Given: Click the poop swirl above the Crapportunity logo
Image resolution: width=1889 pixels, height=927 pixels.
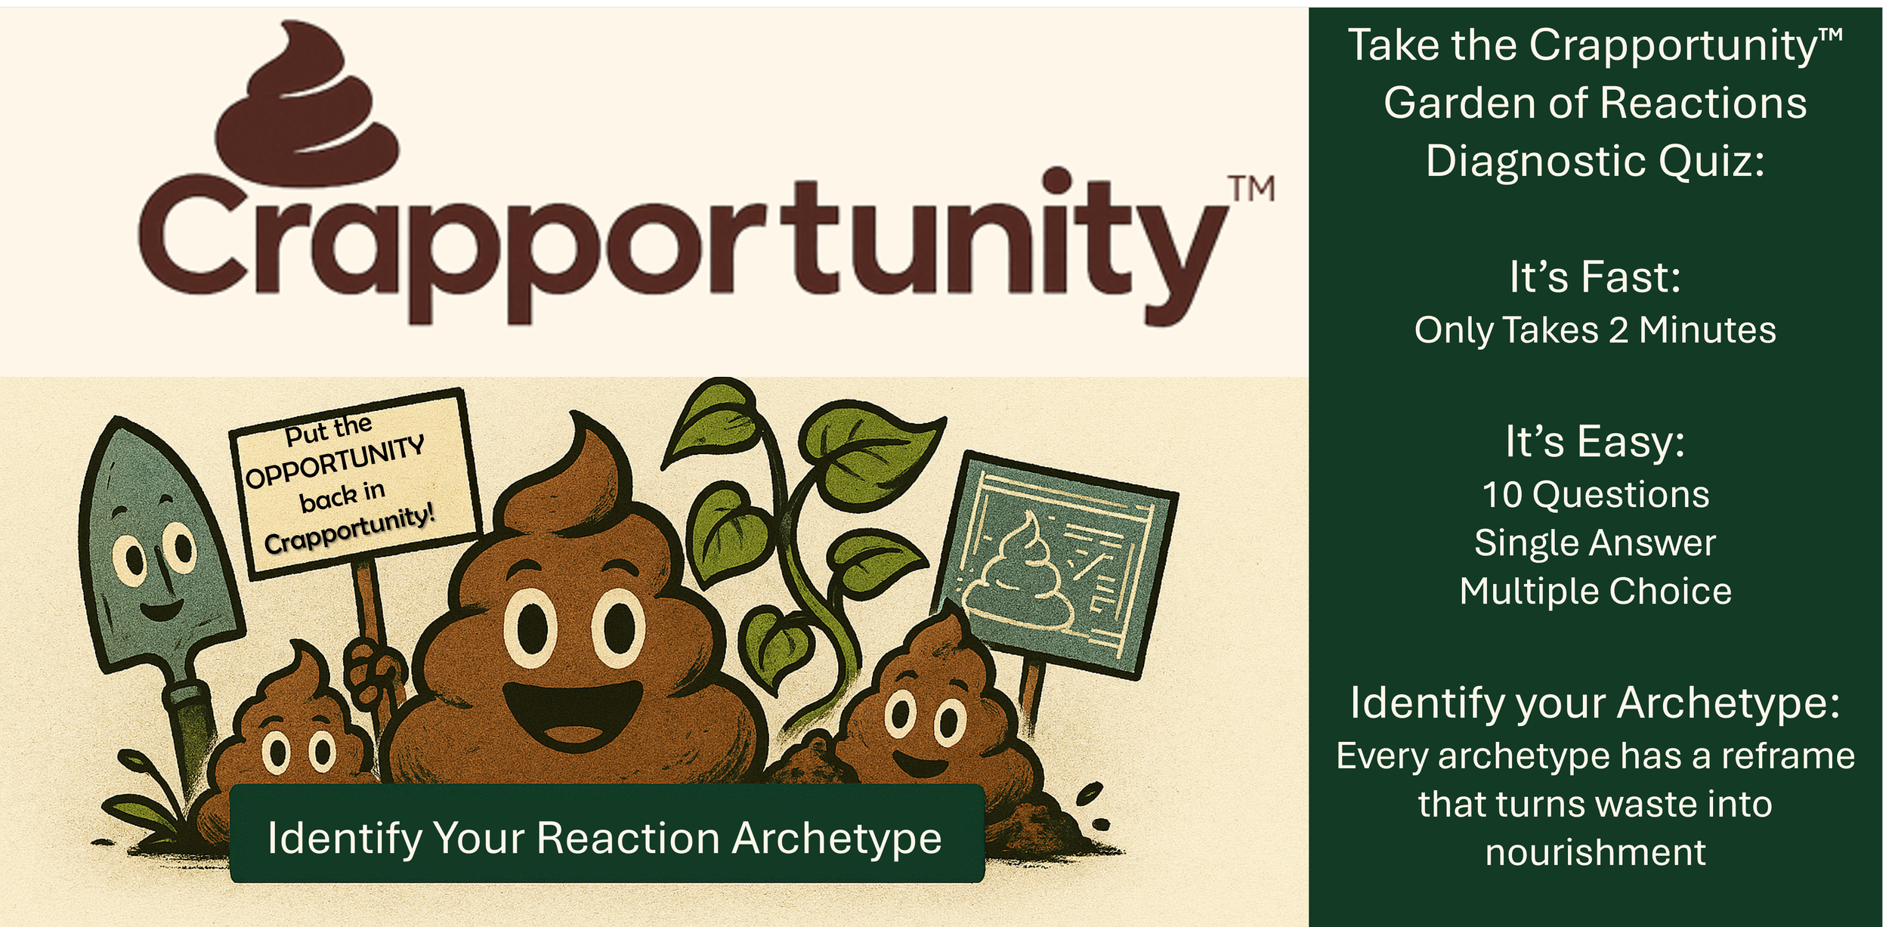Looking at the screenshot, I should pyautogui.click(x=310, y=106).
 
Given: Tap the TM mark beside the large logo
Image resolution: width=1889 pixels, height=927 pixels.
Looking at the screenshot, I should pyautogui.click(x=1251, y=189).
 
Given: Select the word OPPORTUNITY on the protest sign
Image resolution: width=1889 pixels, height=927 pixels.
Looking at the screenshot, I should pyautogui.click(x=335, y=463).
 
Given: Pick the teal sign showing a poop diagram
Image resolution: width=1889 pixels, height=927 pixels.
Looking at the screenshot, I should pyautogui.click(x=1054, y=563).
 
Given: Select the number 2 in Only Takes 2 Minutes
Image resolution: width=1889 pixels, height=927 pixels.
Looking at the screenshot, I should pyautogui.click(x=1618, y=330).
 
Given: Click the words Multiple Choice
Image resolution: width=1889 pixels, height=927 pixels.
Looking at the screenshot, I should pyautogui.click(x=1595, y=591).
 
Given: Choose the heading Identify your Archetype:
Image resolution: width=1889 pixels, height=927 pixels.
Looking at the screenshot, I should pyautogui.click(x=1595, y=703).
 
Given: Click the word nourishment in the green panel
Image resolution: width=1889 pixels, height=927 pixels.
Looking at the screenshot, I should pyautogui.click(x=1595, y=852).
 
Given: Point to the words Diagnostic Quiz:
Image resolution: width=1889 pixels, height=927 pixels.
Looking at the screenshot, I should pyautogui.click(x=1595, y=161).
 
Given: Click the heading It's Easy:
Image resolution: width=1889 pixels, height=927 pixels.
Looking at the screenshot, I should pyautogui.click(x=1595, y=441).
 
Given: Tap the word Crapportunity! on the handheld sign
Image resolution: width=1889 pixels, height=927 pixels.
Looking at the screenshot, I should pyautogui.click(x=350, y=531).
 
